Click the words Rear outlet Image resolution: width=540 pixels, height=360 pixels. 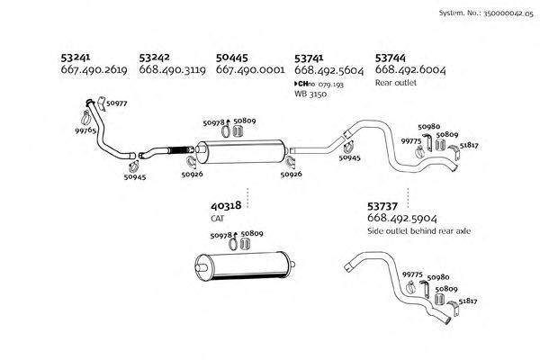coord(395,81)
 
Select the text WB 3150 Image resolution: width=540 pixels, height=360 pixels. coord(311,94)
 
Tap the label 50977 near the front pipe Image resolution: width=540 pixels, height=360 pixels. coord(117,103)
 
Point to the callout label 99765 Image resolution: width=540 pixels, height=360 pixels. coord(86,131)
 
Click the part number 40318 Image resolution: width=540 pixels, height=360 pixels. coord(227,206)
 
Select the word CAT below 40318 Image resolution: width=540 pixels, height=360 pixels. coord(218,219)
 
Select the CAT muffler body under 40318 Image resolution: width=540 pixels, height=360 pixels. coord(246,267)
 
